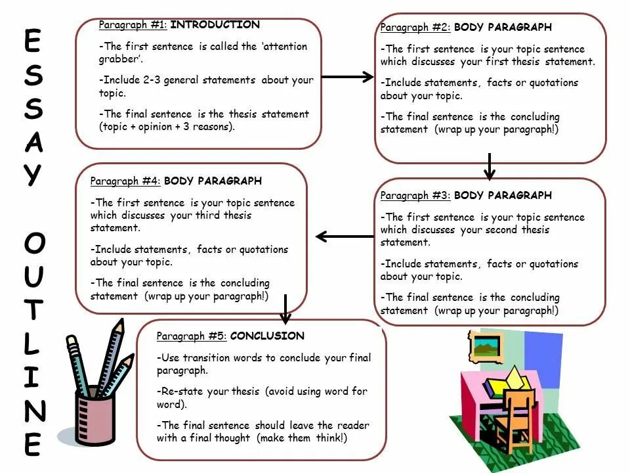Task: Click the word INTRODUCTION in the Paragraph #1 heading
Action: [215, 25]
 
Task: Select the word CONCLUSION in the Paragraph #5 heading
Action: [267, 336]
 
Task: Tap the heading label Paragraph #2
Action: [415, 28]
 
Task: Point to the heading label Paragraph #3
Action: [415, 196]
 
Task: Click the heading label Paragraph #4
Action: [125, 181]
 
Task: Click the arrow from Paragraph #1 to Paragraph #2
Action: [347, 77]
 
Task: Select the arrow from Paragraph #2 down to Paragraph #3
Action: [489, 167]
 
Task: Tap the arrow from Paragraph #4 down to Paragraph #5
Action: [285, 309]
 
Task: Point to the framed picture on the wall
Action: [486, 345]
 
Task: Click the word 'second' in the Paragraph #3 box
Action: [503, 230]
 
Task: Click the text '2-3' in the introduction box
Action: [152, 80]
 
